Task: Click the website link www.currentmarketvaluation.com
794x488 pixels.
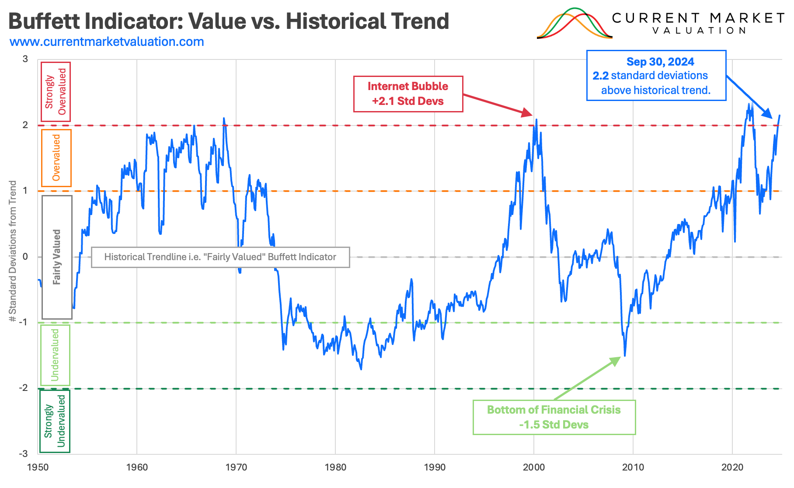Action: click(107, 42)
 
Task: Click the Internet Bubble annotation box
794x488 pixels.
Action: click(407, 94)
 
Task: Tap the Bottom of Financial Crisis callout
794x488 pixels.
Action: click(554, 417)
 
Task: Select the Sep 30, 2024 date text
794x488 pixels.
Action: click(660, 62)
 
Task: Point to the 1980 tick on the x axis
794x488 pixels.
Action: click(335, 467)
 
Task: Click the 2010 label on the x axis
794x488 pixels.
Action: click(633, 467)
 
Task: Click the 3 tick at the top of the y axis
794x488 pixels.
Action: click(25, 59)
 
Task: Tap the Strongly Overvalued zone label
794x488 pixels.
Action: click(56, 92)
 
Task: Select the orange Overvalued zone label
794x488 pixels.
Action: click(56, 158)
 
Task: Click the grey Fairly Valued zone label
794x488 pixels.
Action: click(57, 257)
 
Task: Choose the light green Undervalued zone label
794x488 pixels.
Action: click(55, 355)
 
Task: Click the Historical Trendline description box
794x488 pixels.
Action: click(220, 257)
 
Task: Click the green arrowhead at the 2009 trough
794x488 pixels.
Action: click(616, 361)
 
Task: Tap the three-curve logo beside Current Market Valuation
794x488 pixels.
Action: click(574, 24)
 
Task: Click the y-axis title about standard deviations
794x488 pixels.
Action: click(13, 251)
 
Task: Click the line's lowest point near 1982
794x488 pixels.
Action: click(361, 369)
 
